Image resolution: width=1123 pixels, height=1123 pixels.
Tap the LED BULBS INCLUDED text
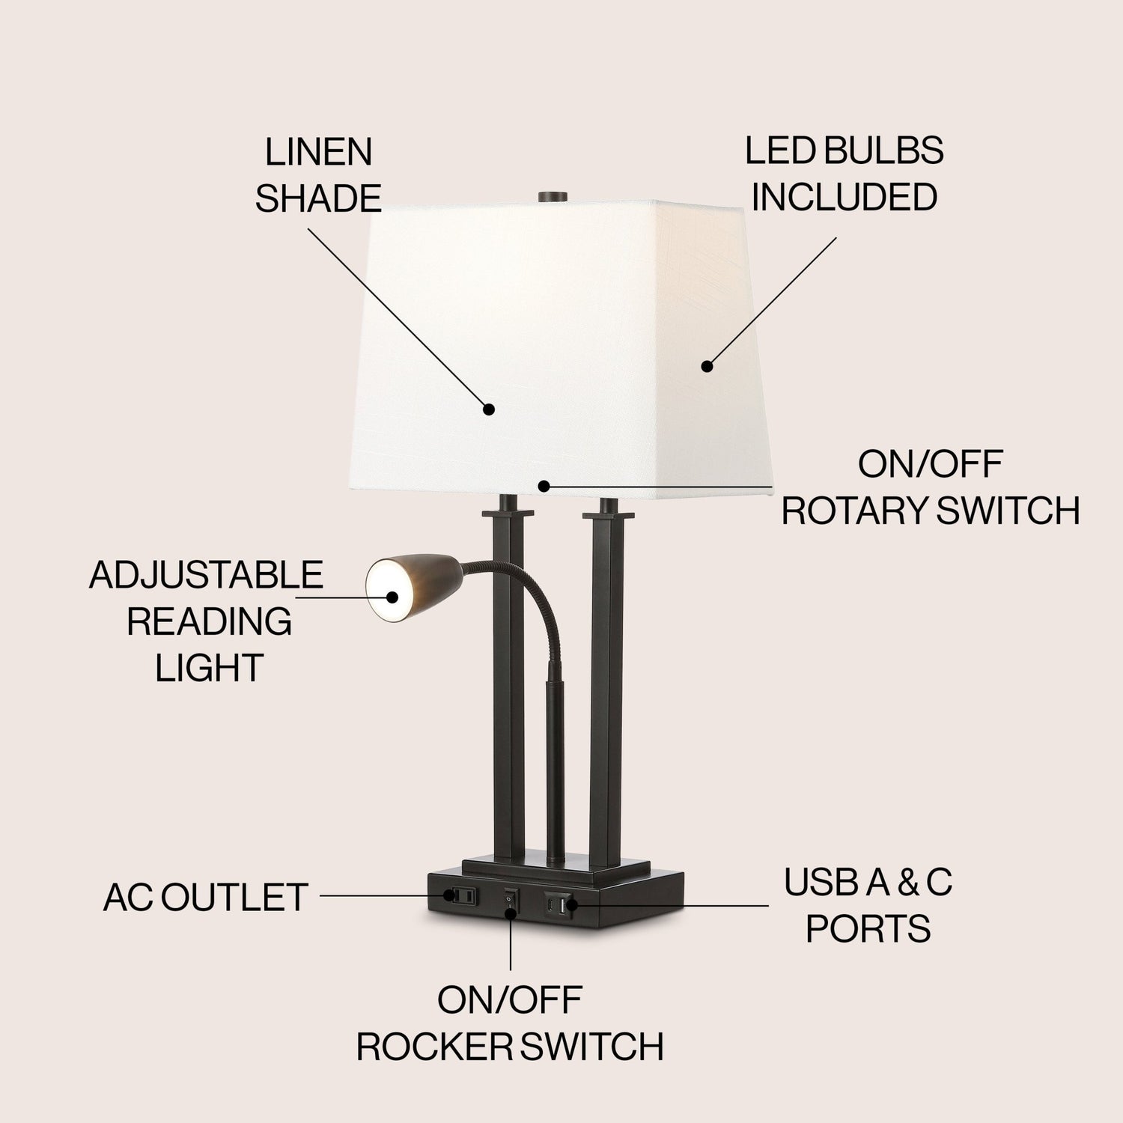844,174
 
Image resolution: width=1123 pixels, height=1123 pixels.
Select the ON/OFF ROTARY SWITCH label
931,488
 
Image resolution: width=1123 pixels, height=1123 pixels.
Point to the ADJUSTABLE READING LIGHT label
207,621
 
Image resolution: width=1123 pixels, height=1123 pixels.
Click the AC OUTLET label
206,897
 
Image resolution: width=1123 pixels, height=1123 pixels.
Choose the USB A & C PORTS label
868,905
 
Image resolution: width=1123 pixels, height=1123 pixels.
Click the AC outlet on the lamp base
459,895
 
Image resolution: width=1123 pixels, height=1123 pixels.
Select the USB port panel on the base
559,903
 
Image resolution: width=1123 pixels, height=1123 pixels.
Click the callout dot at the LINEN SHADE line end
489,409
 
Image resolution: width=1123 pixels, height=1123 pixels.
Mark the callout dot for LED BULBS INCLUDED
706,366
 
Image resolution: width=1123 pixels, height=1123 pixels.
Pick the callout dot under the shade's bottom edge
544,486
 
